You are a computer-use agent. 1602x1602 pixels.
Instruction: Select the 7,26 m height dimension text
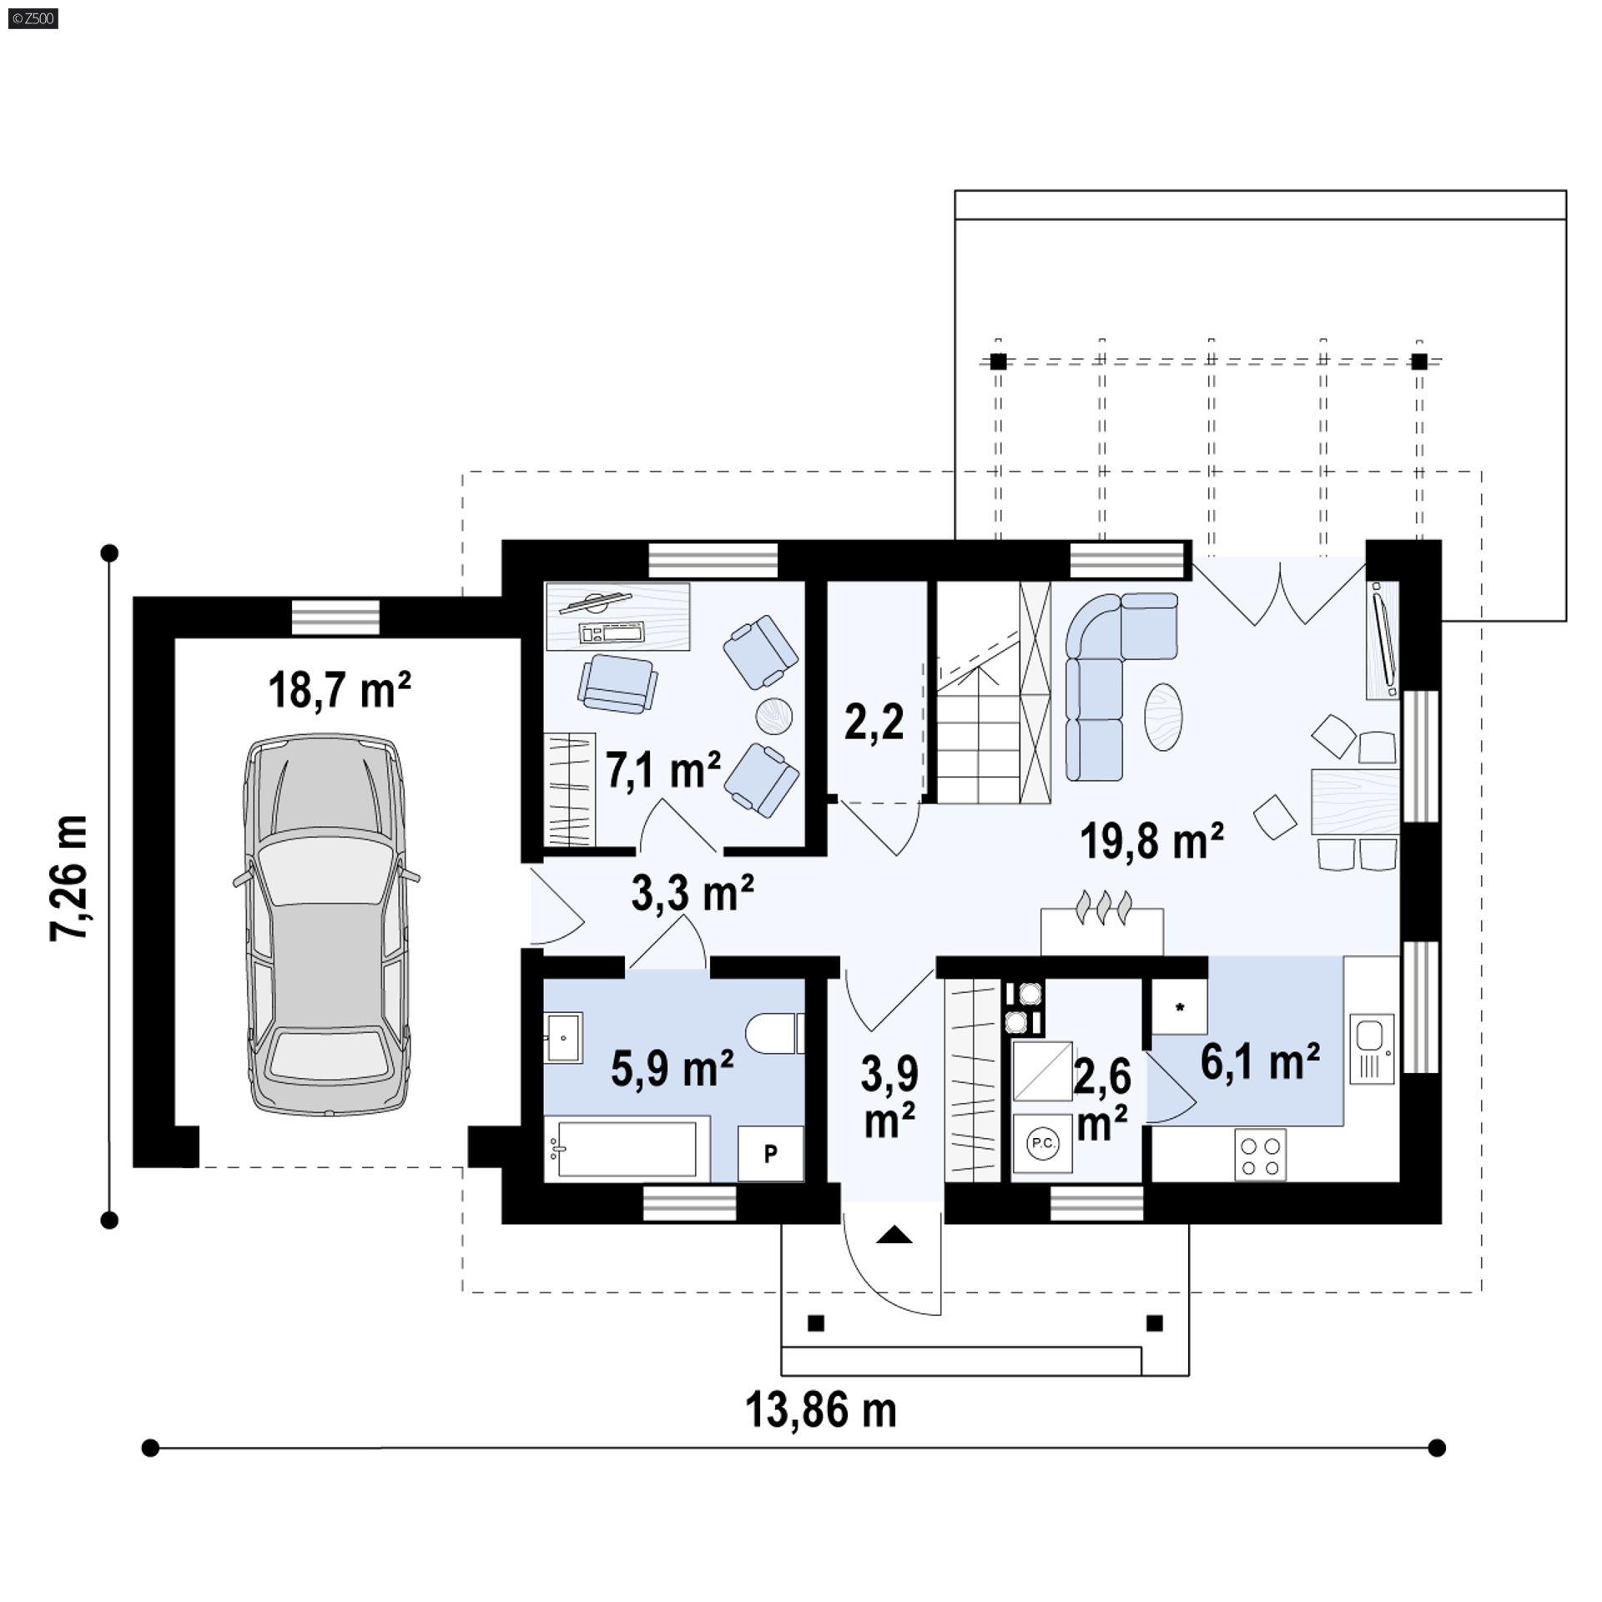point(69,879)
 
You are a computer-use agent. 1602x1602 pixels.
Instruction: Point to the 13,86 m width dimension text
point(820,1410)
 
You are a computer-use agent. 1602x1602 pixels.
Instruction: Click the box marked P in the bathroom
point(770,1153)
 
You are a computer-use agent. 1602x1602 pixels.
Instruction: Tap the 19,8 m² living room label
point(1151,840)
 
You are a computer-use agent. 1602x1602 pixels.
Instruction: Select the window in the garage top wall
point(335,617)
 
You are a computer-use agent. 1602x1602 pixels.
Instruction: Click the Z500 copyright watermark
point(33,18)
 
